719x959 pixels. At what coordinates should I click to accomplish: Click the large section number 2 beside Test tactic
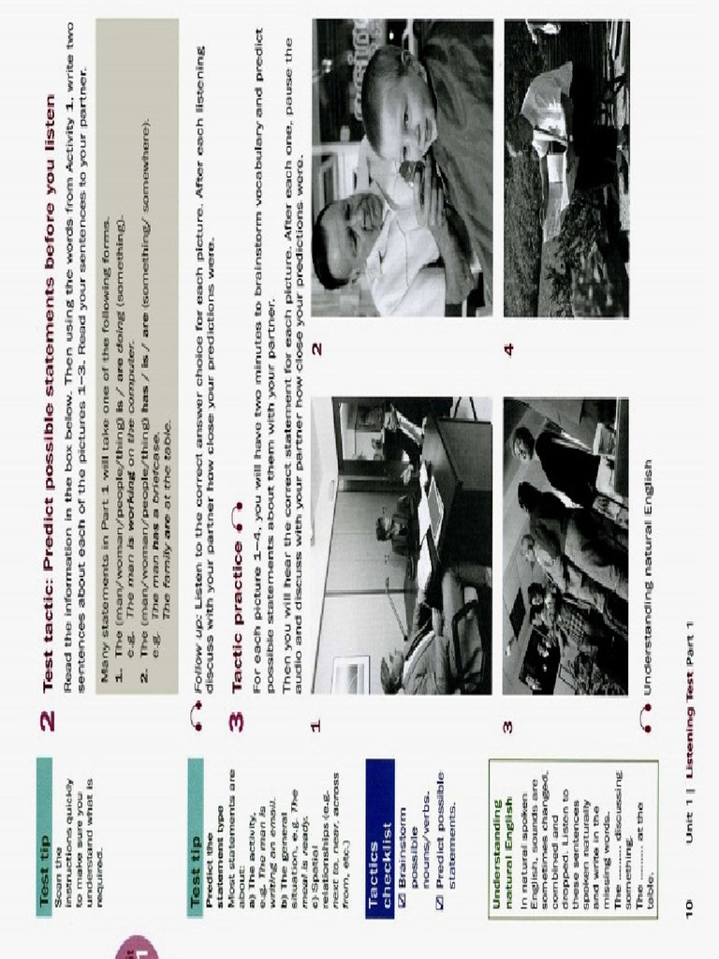coord(50,719)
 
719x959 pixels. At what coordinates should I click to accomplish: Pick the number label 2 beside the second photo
coord(317,347)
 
